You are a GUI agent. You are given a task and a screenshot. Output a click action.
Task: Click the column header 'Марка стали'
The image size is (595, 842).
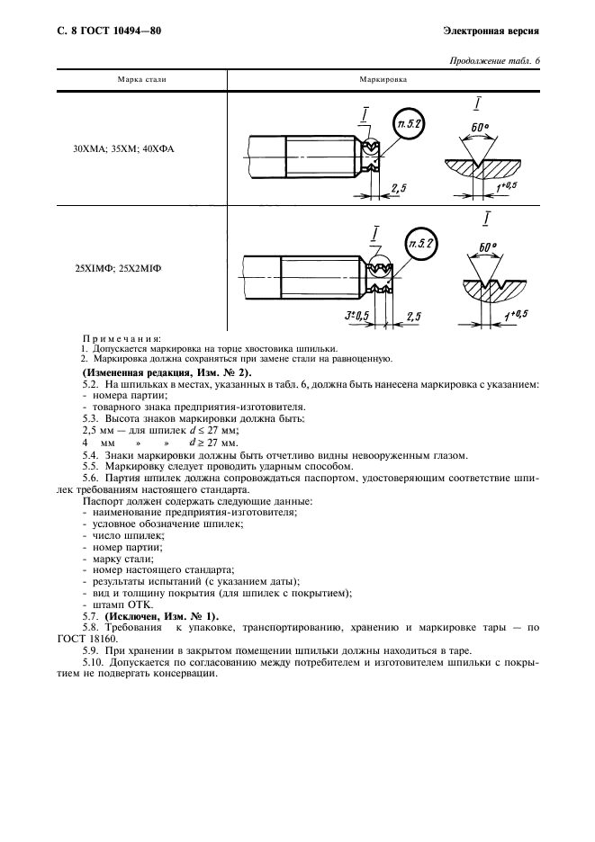pyautogui.click(x=142, y=80)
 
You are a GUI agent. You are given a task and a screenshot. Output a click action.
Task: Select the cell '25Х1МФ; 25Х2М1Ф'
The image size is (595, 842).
pyautogui.click(x=123, y=267)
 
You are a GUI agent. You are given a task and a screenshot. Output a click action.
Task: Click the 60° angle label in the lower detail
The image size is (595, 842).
pyautogui.click(x=488, y=246)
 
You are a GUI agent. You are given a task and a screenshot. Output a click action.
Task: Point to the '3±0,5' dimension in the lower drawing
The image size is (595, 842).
pyautogui.click(x=357, y=316)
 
